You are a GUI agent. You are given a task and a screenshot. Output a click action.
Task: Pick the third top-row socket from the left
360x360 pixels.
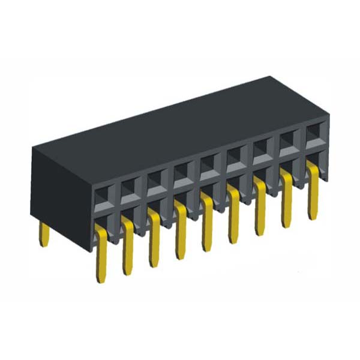pos(156,179)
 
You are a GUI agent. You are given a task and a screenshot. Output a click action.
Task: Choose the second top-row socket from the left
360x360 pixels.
pos(130,186)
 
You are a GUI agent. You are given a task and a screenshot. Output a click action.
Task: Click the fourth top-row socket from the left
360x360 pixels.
pos(182,172)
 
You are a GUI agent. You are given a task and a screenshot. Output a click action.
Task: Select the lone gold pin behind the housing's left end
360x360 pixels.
pos(44,235)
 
